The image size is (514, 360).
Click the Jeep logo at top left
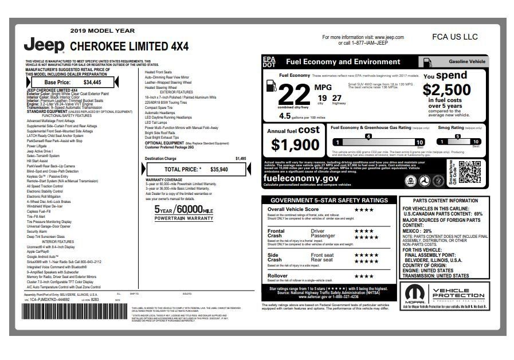click(x=44, y=45)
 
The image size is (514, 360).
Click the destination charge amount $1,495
click(x=241, y=158)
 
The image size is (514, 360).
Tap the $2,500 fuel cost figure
click(x=447, y=90)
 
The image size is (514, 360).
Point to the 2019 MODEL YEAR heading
click(x=103, y=30)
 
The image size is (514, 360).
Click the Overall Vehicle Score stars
click(x=364, y=210)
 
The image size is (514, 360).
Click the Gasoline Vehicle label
click(x=466, y=61)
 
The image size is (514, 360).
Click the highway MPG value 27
click(x=336, y=97)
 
